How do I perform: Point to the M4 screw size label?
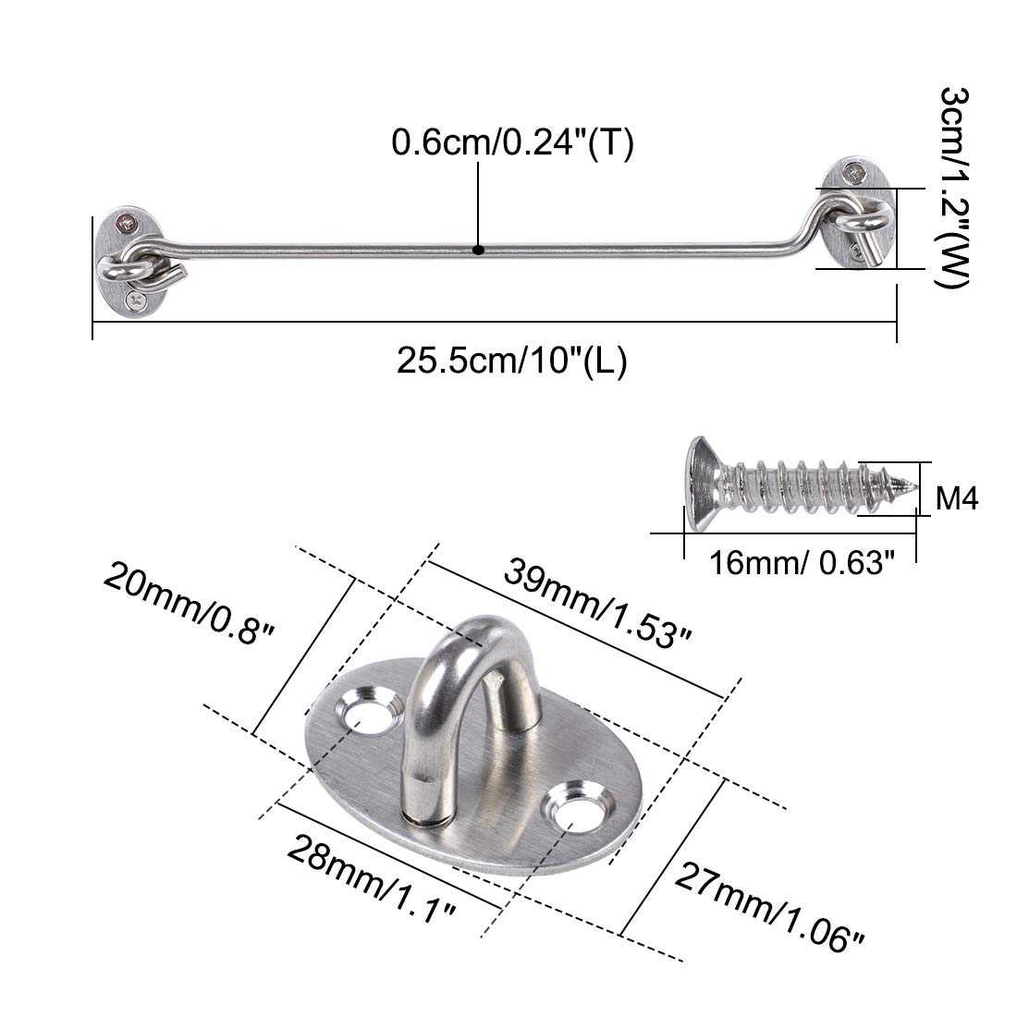point(957,499)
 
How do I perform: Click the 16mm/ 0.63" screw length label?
point(803,563)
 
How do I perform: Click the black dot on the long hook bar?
point(479,250)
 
